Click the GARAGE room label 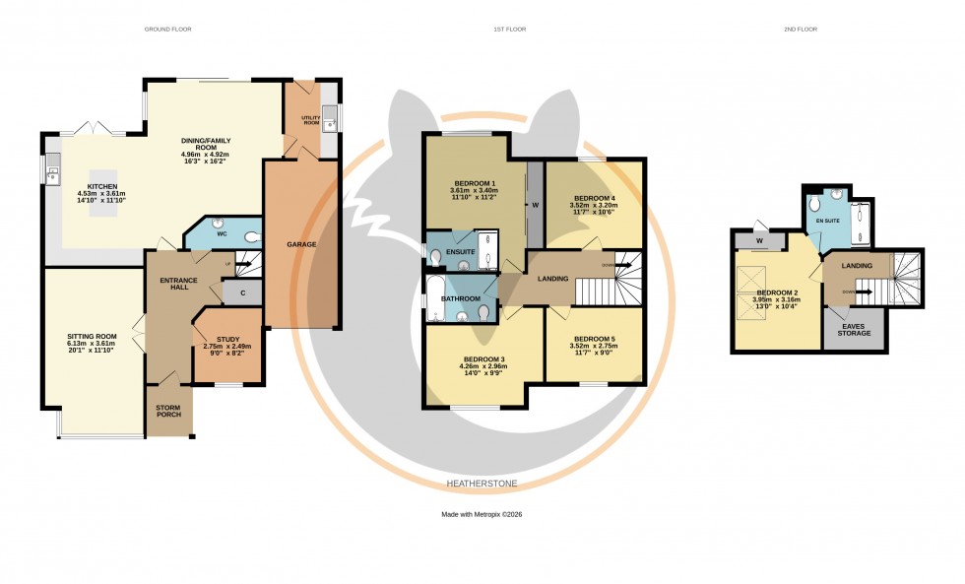click(301, 244)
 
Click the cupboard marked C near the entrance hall click(241, 293)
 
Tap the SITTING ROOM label click(92, 337)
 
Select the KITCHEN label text click(96, 186)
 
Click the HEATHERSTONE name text click(482, 484)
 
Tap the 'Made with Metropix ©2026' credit click(482, 515)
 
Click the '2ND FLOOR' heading click(801, 30)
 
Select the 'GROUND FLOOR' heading click(167, 30)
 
